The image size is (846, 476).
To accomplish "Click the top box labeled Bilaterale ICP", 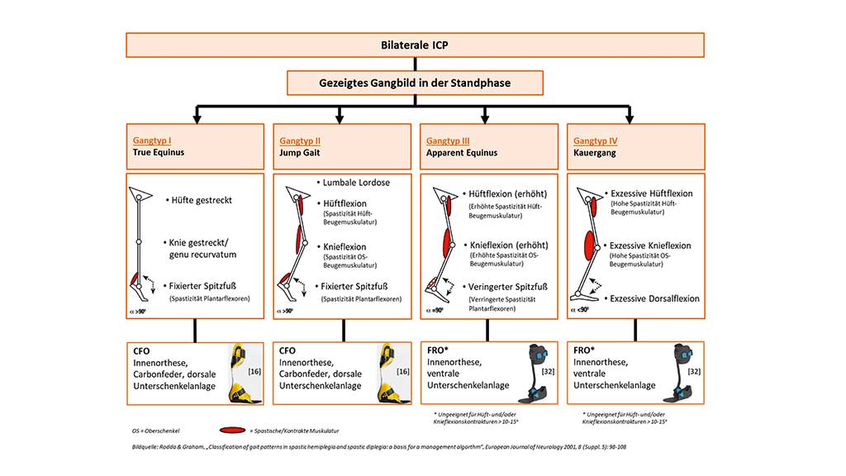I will pos(415,45).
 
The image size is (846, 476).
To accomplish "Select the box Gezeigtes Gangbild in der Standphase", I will pos(415,83).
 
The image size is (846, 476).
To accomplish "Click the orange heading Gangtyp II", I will pos(301,140).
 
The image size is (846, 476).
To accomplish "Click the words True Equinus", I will pos(159,154).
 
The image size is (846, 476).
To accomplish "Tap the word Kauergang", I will pos(596,154).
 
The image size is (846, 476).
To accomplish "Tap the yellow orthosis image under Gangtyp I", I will pos(240,372).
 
